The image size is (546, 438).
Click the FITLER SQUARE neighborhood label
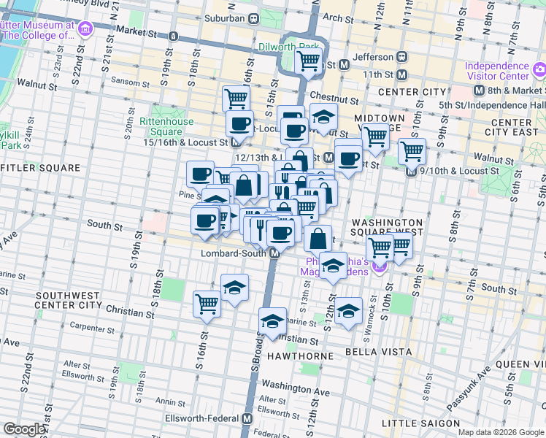pos(40,168)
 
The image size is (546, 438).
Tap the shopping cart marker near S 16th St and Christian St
pos(207,303)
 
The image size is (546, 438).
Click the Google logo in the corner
pos(24,429)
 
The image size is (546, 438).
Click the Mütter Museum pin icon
pos(86,29)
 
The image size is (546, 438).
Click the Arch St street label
pos(337,18)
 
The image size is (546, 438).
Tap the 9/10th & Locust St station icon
pos(412,171)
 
